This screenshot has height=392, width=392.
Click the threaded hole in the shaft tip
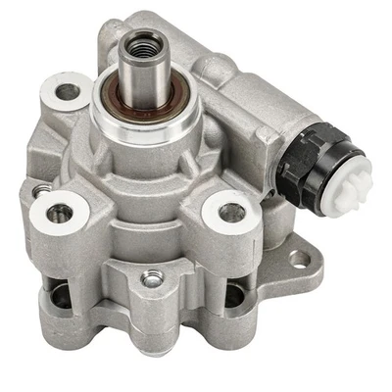click(x=138, y=42)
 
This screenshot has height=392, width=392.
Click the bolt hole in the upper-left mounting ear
click(x=68, y=93)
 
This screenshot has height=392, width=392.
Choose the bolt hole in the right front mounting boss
click(x=232, y=212)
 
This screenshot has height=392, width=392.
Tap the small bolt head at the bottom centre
click(x=151, y=279)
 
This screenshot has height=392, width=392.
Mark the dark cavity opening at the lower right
click(x=235, y=295)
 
